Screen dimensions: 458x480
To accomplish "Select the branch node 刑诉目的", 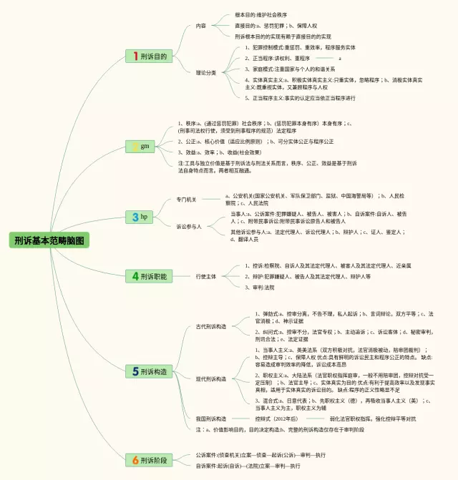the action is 150,56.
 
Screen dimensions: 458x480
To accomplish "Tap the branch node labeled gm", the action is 144,146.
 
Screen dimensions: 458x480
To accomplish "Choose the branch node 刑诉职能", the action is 150,275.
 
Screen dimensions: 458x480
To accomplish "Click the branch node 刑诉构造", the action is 150,371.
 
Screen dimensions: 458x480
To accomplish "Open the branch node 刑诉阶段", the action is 150,459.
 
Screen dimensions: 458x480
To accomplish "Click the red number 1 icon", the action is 135,56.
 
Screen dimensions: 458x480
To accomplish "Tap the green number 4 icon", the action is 135,275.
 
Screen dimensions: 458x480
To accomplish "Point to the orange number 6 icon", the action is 135,459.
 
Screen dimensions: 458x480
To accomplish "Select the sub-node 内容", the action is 201,26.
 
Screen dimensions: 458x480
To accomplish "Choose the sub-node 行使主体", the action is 206,276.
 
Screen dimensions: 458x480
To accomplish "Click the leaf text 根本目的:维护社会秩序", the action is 261,15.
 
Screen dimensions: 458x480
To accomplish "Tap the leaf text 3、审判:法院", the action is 260,287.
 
